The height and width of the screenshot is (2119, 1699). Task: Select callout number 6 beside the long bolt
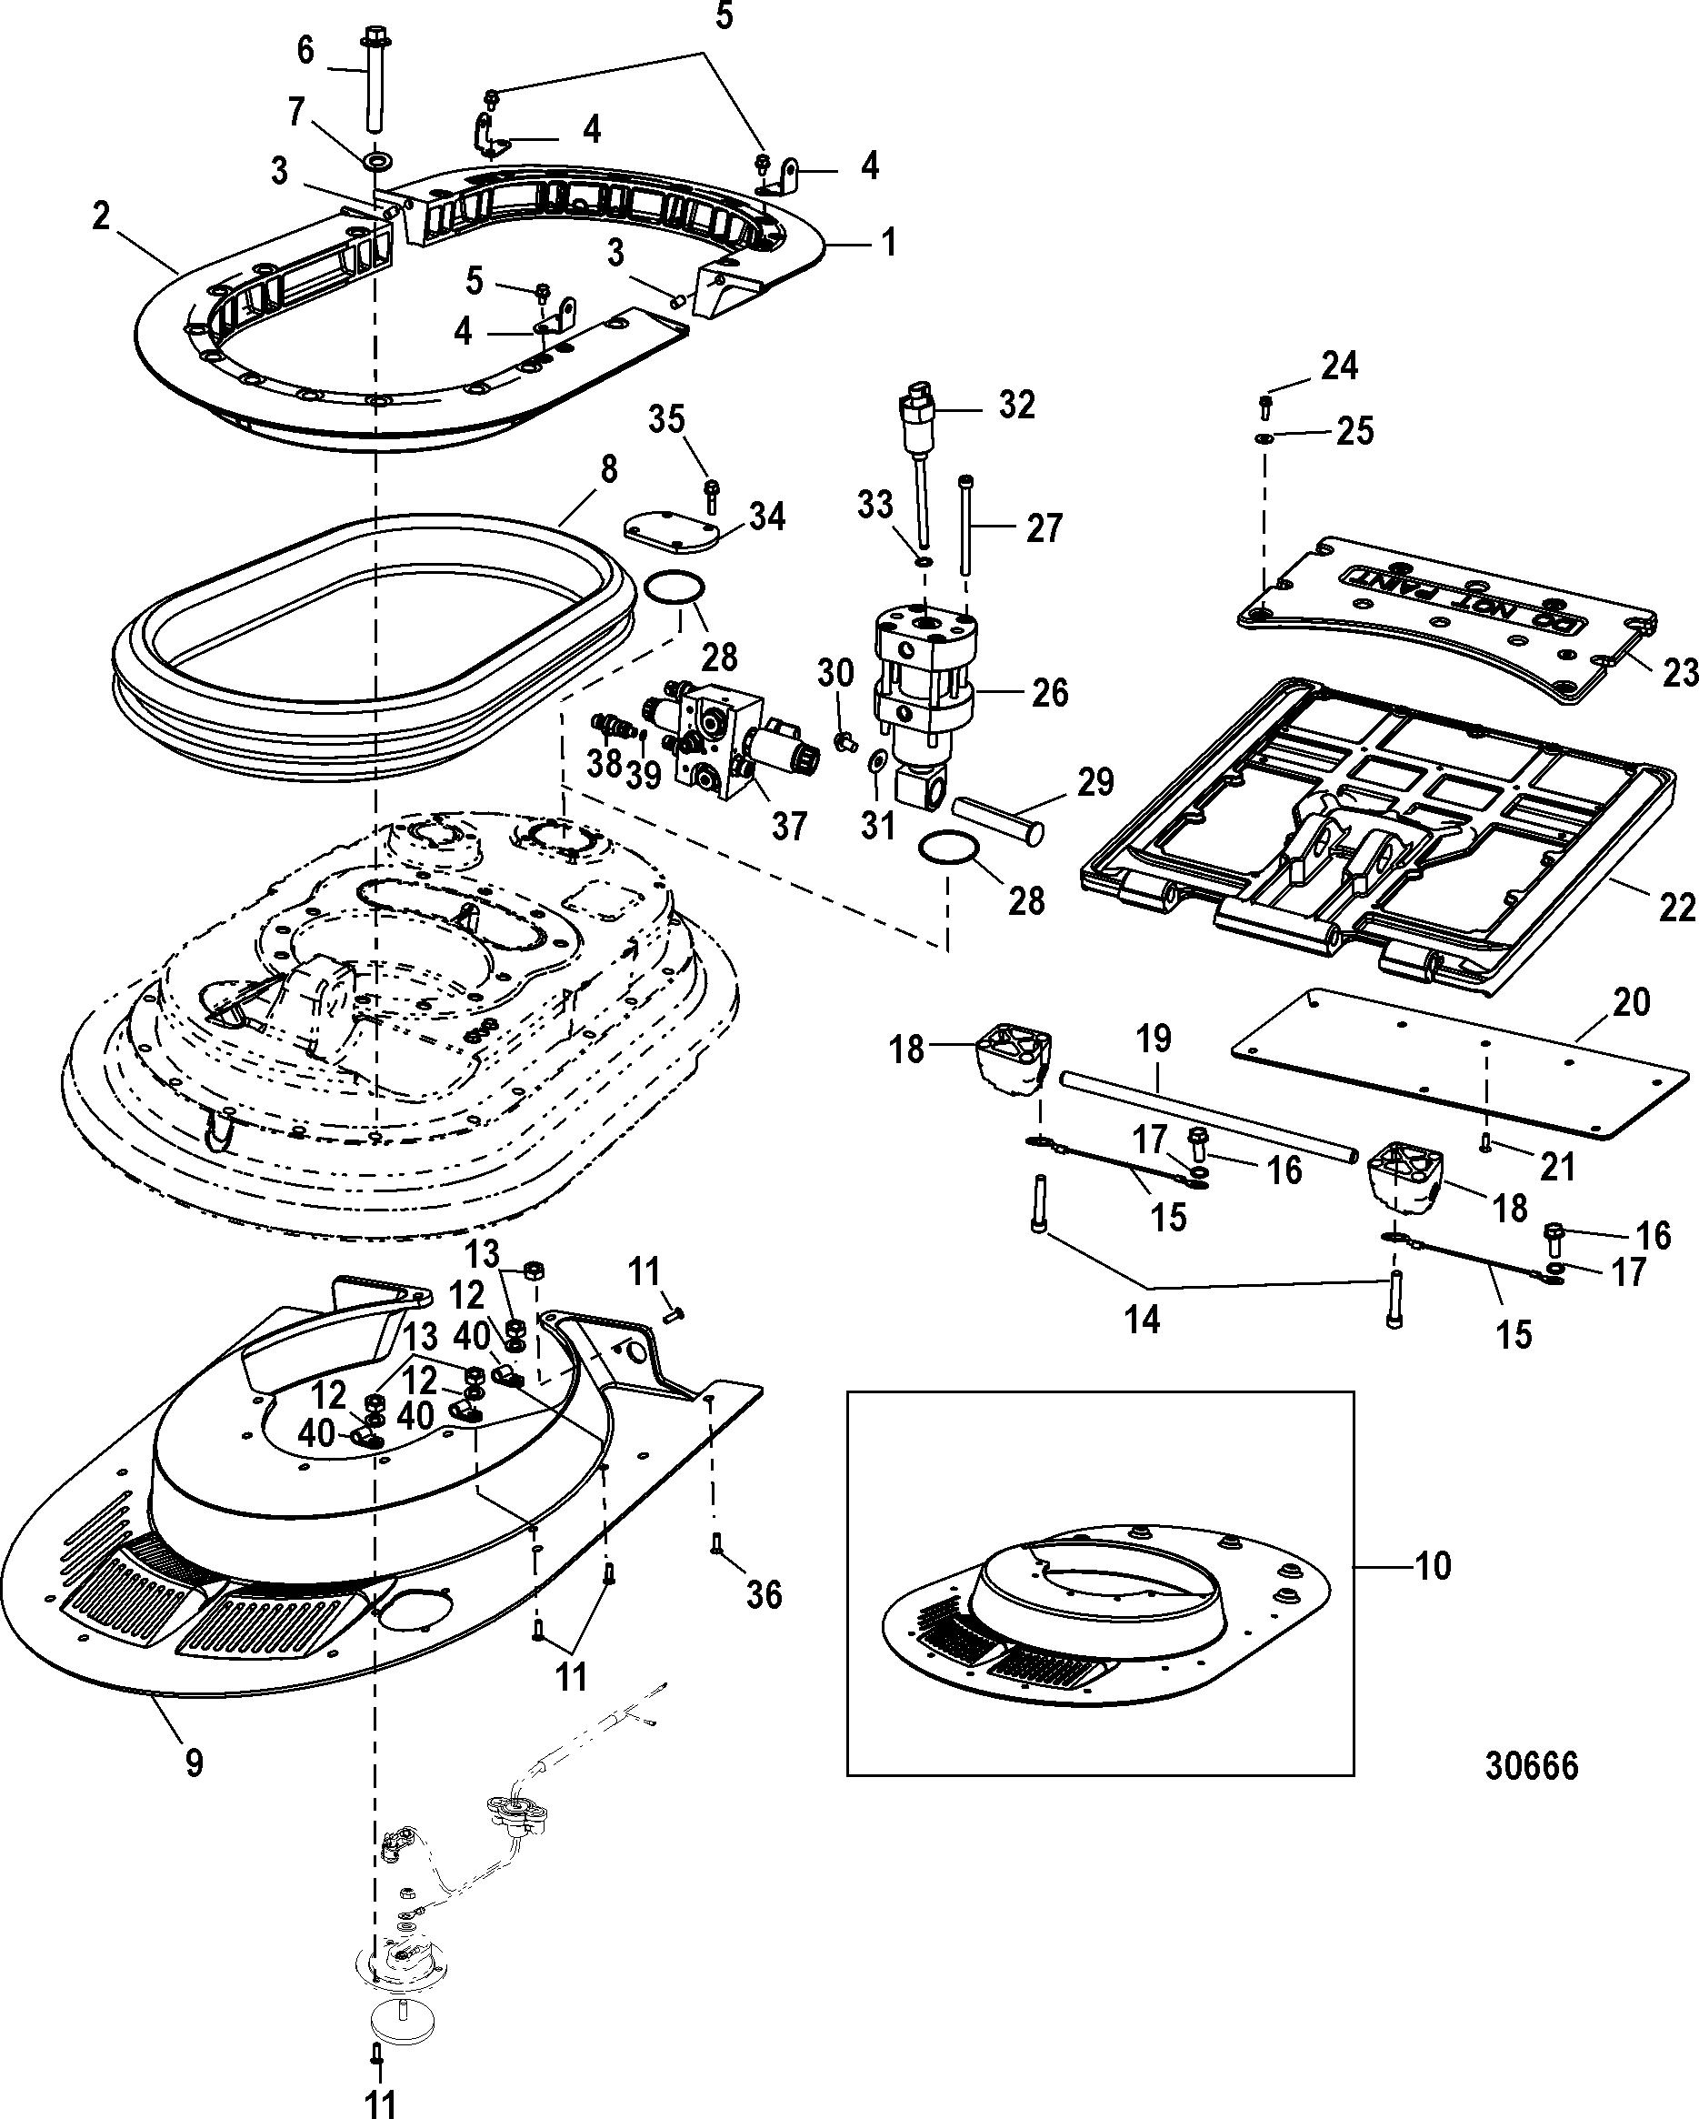[x=305, y=50]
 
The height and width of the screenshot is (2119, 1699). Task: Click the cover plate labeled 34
[x=671, y=531]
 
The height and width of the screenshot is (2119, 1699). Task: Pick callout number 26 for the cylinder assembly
[x=1049, y=693]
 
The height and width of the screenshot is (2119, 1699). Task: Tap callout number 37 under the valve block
[x=789, y=826]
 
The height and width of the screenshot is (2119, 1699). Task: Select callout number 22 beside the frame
[x=1676, y=906]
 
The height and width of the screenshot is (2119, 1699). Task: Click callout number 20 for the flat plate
[x=1631, y=1002]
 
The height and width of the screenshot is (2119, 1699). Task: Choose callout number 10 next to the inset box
[x=1434, y=1566]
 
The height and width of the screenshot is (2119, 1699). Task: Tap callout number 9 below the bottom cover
[x=195, y=1762]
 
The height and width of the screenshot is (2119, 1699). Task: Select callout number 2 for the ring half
[x=101, y=216]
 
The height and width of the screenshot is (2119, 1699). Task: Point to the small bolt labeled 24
[x=1265, y=404]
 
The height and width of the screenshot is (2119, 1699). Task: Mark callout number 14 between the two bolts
[x=1142, y=1318]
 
